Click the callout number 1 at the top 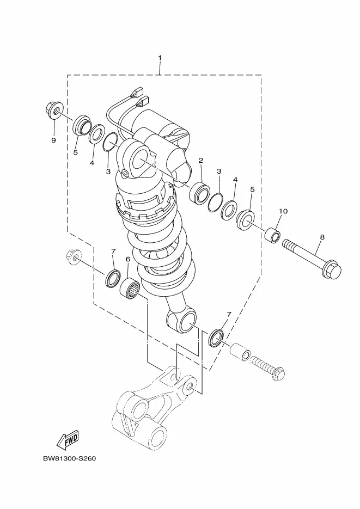[160, 58]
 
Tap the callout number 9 [53, 140]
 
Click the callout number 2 [200, 161]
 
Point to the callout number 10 [283, 211]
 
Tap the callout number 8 [322, 237]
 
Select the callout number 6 [128, 259]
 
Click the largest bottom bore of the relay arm [155, 437]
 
